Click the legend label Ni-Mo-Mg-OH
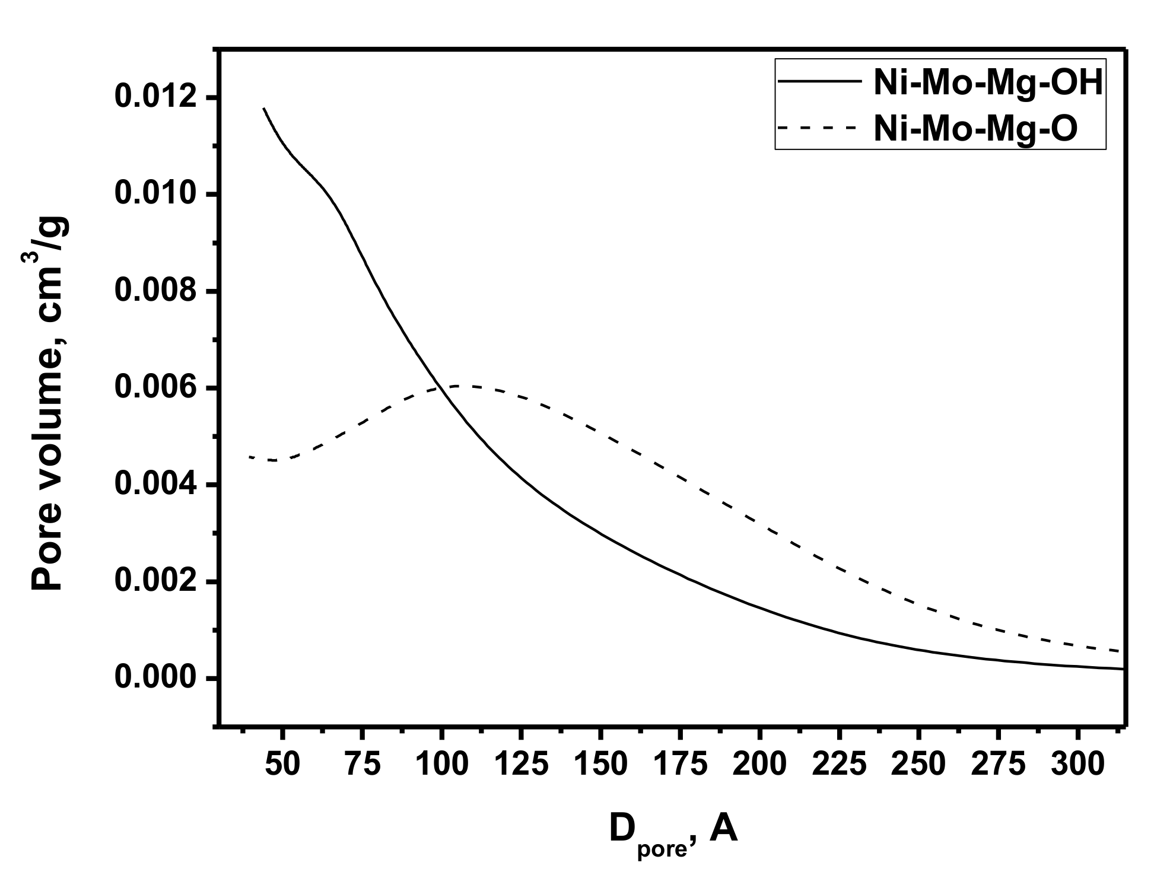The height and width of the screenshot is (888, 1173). tap(988, 85)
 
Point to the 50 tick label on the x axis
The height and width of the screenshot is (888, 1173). tap(282, 765)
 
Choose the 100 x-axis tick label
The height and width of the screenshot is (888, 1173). tap(441, 765)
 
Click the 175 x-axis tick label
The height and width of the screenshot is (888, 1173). tap(680, 765)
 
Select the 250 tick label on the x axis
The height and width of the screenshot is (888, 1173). tap(918, 765)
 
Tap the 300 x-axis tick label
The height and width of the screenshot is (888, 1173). tap(1077, 765)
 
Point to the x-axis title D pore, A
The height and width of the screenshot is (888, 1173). tap(673, 830)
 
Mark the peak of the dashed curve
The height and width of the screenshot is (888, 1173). tap(460, 386)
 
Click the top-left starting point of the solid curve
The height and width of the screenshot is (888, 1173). tap(263, 109)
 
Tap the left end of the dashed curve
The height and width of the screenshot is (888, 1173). tap(250, 457)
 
